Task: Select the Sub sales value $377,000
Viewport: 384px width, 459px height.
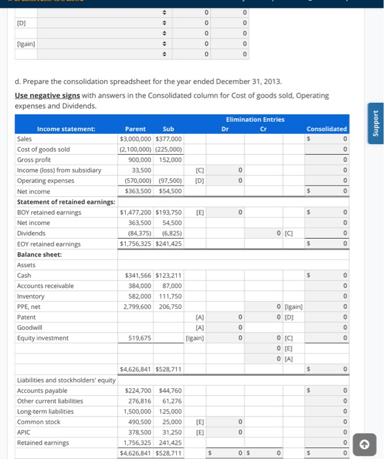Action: coord(168,139)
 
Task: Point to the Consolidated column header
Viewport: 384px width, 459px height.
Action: coord(326,129)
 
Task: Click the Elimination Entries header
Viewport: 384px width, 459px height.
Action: coord(255,119)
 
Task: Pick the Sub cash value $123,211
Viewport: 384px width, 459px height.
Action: coord(168,275)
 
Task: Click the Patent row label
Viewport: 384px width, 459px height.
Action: coord(26,317)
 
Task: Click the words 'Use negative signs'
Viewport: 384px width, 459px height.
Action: coord(47,95)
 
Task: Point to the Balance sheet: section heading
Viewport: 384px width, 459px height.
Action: coord(39,254)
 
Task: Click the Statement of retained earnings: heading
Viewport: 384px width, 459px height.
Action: coord(66,201)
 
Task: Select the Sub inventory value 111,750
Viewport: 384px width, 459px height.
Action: coord(170,296)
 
